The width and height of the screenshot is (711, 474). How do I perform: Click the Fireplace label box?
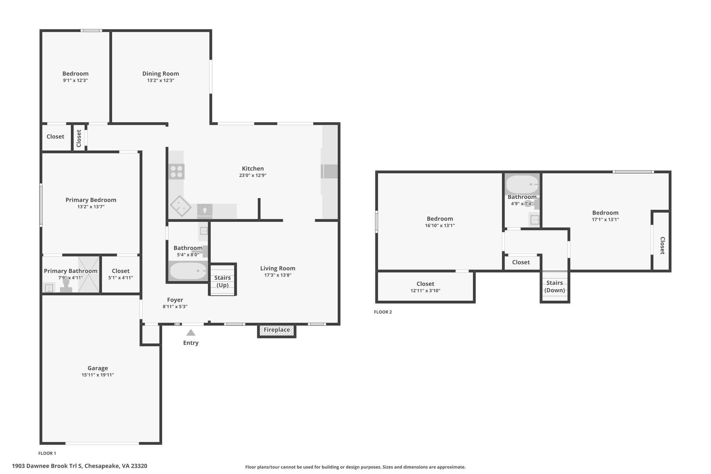[x=277, y=331]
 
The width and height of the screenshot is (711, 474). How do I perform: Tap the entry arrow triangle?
[x=191, y=333]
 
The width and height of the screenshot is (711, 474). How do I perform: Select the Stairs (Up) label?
[x=223, y=281]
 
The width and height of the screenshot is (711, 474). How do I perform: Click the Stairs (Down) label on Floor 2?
[x=554, y=286]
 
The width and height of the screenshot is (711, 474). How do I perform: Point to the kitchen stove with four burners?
[x=176, y=172]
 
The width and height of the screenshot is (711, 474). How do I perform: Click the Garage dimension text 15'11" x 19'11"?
[x=98, y=375]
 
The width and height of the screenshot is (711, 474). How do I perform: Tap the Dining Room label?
[x=161, y=74]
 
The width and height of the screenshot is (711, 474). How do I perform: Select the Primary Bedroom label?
[x=91, y=200]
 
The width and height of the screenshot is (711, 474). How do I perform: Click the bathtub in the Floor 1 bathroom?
[x=188, y=271]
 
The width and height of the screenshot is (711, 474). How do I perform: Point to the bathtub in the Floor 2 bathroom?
[x=522, y=184]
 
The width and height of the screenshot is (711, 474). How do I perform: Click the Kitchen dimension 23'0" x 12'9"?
[x=253, y=175]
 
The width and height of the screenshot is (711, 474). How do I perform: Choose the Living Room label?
[x=278, y=268]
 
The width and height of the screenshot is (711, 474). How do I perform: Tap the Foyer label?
[x=175, y=300]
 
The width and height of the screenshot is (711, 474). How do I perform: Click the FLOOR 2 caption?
[x=383, y=312]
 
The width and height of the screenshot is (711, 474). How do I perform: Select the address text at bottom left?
[x=80, y=466]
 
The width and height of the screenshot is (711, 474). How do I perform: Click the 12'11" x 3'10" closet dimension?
[x=425, y=291]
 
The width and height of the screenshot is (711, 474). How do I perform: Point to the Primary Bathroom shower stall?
[x=89, y=274]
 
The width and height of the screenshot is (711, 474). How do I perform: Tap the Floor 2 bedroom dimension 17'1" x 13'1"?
[x=605, y=219]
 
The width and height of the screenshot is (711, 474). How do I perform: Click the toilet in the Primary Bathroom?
[x=66, y=286]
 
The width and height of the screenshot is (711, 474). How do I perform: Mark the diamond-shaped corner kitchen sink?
[x=180, y=207]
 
